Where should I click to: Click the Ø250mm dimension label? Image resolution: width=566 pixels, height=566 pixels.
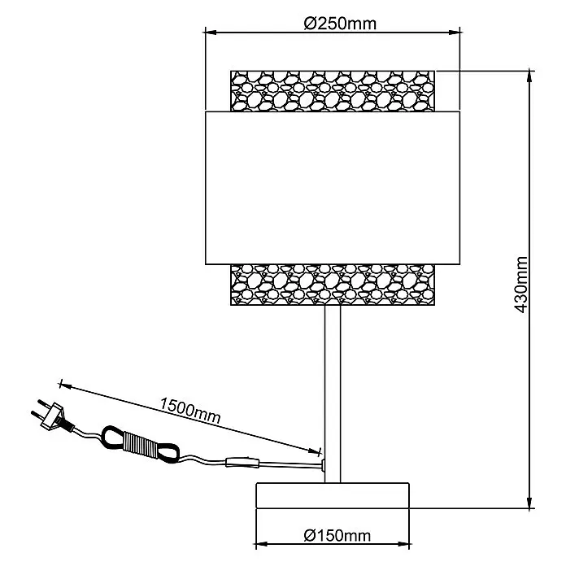pyautogui.click(x=340, y=24)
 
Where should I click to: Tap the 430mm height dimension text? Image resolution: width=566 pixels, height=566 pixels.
pyautogui.click(x=520, y=285)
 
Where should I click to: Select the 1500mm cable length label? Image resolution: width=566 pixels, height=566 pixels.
pyautogui.click(x=189, y=411)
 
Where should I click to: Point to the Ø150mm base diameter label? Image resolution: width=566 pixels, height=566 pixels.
pyautogui.click(x=337, y=535)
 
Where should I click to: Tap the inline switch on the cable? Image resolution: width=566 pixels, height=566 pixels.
pyautogui.click(x=242, y=463)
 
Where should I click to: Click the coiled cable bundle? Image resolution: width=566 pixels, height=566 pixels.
pyautogui.click(x=140, y=444)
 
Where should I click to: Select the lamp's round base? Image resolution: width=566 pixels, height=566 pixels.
pyautogui.click(x=333, y=495)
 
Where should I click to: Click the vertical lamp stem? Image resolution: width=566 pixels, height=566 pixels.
pyautogui.click(x=333, y=394)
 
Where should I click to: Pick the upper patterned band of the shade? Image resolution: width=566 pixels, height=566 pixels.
pyautogui.click(x=333, y=91)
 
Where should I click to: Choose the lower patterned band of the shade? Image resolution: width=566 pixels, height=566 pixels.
pyautogui.click(x=333, y=285)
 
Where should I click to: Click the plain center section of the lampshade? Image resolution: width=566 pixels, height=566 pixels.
pyautogui.click(x=333, y=188)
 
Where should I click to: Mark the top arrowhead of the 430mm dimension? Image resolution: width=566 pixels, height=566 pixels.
pyautogui.click(x=530, y=76)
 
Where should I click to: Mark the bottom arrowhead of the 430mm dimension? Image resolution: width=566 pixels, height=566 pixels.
pyautogui.click(x=530, y=503)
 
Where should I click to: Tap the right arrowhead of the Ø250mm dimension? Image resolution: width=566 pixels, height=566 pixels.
pyautogui.click(x=455, y=33)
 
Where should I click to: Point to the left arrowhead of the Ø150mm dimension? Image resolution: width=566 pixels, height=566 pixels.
pyautogui.click(x=261, y=544)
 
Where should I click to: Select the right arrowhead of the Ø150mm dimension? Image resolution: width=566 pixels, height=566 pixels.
pyautogui.click(x=403, y=544)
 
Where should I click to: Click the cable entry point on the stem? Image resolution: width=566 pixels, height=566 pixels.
pyautogui.click(x=323, y=465)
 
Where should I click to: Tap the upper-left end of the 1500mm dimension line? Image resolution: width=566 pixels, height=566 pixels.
pyautogui.click(x=61, y=384)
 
